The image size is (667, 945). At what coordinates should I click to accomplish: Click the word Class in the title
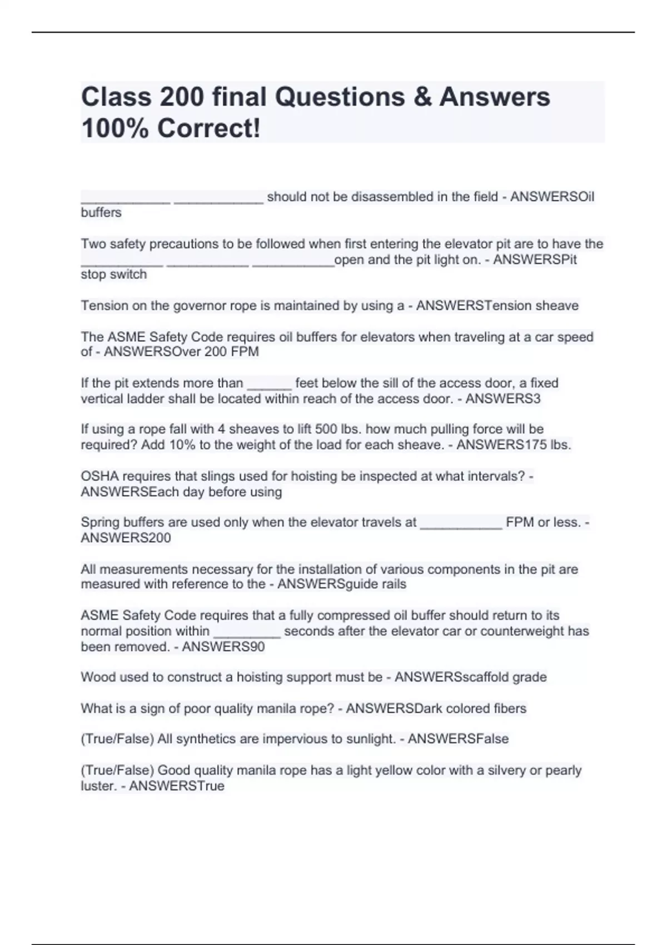[116, 97]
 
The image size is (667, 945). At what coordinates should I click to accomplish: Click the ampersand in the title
[421, 97]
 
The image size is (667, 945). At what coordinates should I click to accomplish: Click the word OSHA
[98, 476]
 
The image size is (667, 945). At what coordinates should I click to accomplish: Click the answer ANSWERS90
[223, 646]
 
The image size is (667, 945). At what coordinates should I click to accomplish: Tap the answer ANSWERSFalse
[458, 739]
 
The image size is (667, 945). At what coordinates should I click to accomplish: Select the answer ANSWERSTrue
[177, 786]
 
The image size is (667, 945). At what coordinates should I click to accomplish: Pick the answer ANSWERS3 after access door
[503, 399]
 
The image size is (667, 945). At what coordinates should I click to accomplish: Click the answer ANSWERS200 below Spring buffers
[126, 538]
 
